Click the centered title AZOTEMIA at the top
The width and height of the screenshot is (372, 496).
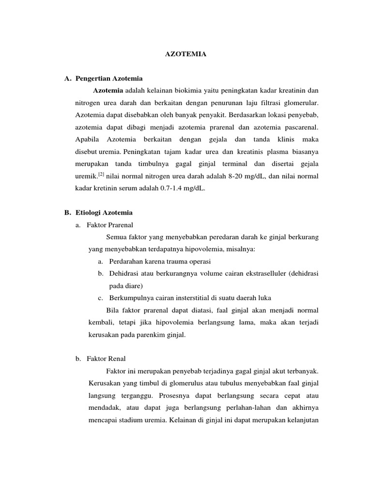[x=186, y=55]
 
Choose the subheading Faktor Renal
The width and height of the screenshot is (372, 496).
[x=106, y=358]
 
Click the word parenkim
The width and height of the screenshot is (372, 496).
[x=148, y=335]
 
